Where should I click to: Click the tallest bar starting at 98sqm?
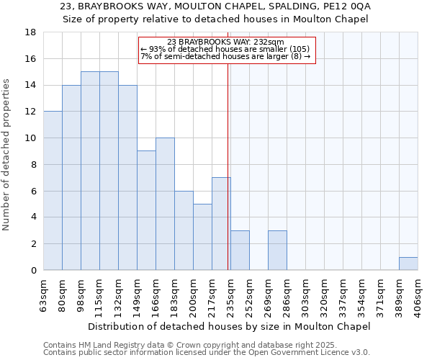click(90, 171)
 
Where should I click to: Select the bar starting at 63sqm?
click(53, 191)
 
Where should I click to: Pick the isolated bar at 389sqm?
click(408, 264)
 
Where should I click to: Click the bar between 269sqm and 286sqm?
click(277, 251)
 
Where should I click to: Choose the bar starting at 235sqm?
click(240, 251)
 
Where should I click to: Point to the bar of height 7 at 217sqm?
click(221, 224)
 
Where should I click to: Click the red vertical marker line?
click(228, 180)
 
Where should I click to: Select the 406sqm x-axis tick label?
click(418, 295)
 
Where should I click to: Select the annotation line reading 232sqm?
click(225, 42)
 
